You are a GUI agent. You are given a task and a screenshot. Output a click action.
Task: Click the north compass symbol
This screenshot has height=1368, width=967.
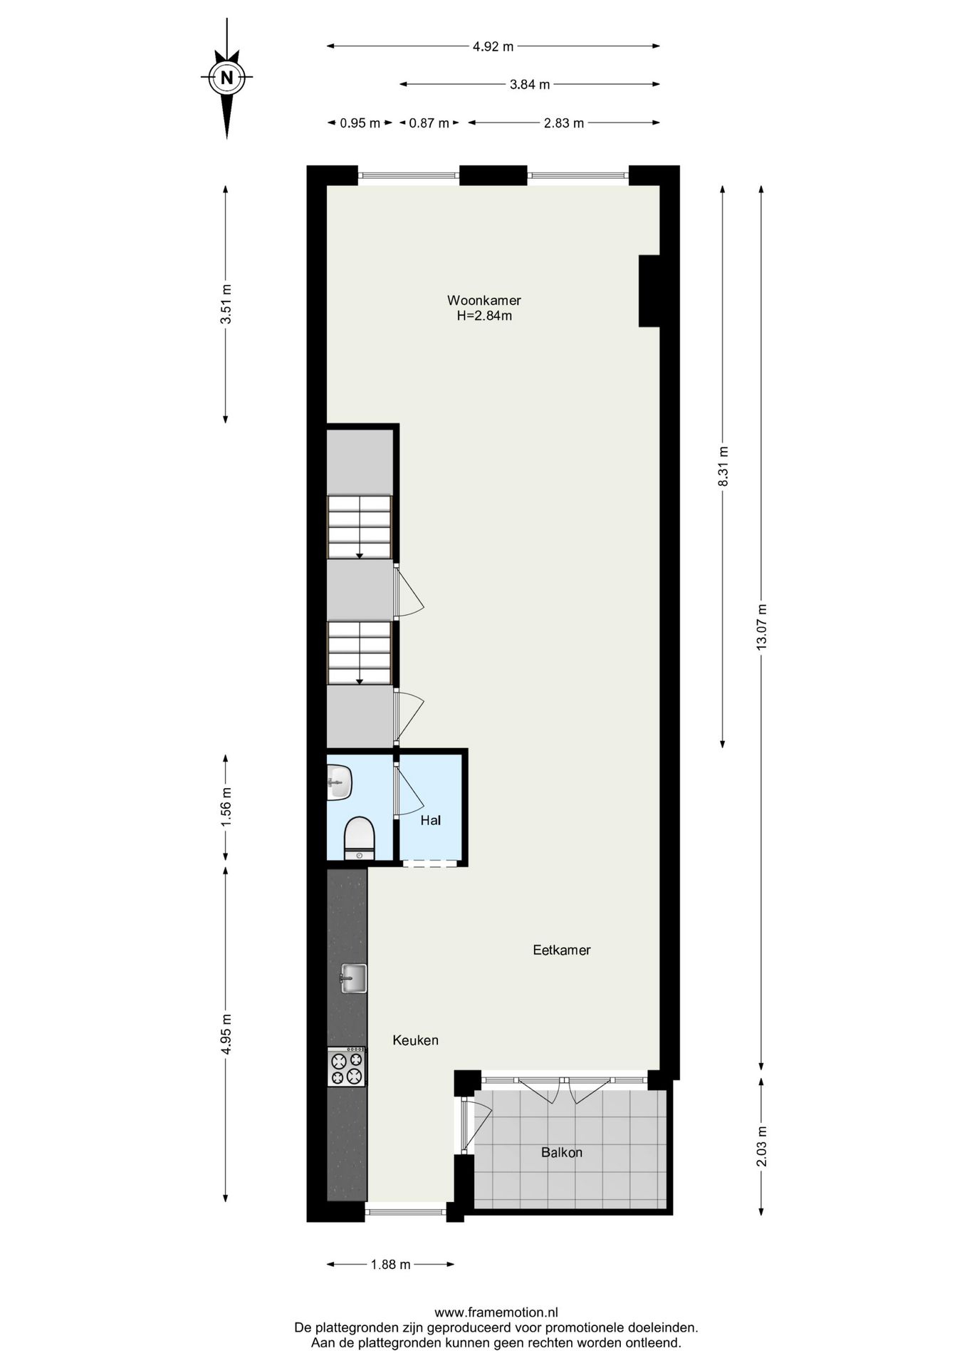click(x=226, y=78)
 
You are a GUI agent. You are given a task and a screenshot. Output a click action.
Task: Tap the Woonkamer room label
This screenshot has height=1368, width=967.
click(x=483, y=300)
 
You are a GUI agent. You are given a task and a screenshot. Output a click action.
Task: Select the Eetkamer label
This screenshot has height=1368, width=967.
click(x=562, y=950)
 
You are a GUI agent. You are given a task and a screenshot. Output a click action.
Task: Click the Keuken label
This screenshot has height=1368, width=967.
click(x=415, y=1040)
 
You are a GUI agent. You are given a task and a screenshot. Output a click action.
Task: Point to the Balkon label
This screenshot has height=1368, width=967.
click(x=562, y=1152)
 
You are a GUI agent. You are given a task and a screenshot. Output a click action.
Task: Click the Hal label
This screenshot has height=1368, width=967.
click(x=431, y=820)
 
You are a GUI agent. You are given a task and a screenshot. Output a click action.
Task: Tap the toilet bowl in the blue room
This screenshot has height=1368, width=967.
click(x=359, y=839)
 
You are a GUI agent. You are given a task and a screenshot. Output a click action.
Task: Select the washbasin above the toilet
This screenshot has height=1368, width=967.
click(x=340, y=782)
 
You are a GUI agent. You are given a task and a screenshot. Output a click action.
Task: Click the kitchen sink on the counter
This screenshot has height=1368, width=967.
click(x=352, y=978)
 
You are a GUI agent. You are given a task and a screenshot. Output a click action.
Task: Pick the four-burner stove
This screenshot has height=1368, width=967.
click(x=347, y=1067)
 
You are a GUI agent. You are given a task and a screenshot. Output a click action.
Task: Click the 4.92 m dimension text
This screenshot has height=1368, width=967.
click(x=493, y=47)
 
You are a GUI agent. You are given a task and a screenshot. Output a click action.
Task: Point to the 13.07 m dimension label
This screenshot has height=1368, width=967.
click(x=762, y=627)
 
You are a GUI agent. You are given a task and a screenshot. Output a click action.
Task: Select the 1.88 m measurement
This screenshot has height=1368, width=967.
click(x=390, y=1265)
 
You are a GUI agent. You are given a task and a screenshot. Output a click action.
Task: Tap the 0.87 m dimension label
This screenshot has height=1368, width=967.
click(x=429, y=123)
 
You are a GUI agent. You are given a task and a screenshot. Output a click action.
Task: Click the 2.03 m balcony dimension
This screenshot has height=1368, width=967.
click(x=762, y=1147)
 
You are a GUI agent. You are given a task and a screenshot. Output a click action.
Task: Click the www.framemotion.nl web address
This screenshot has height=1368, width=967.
click(x=496, y=1312)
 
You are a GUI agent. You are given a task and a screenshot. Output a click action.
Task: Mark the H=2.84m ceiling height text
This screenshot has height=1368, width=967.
click(x=484, y=316)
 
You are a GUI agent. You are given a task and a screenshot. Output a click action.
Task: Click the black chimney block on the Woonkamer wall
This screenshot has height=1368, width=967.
click(x=649, y=291)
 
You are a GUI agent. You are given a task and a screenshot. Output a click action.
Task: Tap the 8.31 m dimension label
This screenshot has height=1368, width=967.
click(x=723, y=466)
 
